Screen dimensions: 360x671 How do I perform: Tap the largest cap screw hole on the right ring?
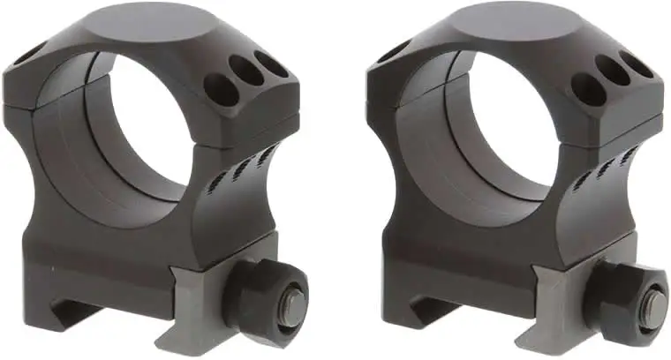[586, 89]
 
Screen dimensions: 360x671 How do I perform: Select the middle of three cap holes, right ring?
[613, 72]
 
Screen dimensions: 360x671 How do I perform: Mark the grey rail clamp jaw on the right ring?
[565, 304]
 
